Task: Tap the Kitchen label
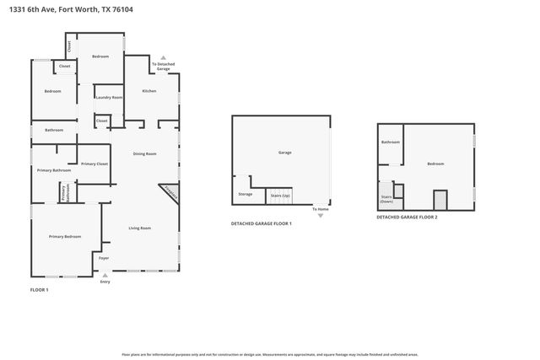pos(148,91)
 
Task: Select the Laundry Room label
pos(109,98)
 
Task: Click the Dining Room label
pos(145,153)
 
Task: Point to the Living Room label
pos(139,228)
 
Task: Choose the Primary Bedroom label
pos(65,236)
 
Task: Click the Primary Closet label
pos(94,164)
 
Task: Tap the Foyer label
pos(104,257)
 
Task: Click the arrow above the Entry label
pos(105,274)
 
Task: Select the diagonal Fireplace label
pos(170,192)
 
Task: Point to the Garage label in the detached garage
pos(285,153)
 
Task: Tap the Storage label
pos(245,195)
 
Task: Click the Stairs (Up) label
pos(279,195)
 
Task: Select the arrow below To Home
pos(321,216)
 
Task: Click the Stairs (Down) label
pos(386,200)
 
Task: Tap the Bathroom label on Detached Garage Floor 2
pos(390,142)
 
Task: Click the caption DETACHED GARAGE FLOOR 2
pos(407,218)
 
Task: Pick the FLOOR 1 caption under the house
pos(40,290)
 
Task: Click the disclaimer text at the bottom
pos(269,354)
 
